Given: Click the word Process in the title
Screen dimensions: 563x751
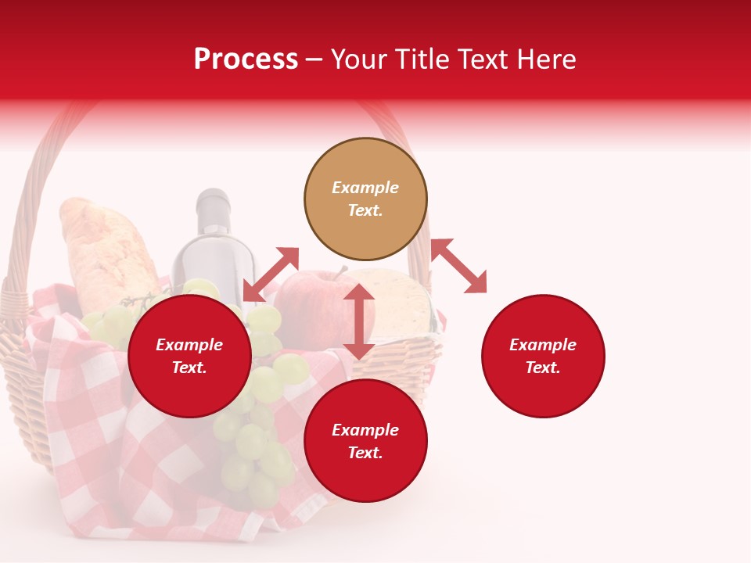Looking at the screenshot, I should [x=246, y=59].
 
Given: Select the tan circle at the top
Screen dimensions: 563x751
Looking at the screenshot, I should [x=365, y=199].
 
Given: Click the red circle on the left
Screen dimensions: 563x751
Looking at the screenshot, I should [x=189, y=356].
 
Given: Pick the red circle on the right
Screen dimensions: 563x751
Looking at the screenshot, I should [x=543, y=356].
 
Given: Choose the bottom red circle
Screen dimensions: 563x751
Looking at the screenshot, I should [x=365, y=441].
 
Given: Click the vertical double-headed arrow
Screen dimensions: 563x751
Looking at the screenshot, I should [x=359, y=321].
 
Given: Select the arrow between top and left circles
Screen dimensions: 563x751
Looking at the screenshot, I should [x=271, y=274].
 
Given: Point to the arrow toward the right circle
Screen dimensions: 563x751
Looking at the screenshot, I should [x=459, y=266].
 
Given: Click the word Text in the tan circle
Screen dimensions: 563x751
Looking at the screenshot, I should [x=365, y=210].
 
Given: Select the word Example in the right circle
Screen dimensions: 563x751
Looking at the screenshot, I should [x=543, y=345].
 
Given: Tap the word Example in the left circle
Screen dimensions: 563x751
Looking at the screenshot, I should [x=189, y=345].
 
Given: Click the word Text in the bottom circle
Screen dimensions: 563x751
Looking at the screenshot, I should [x=365, y=453].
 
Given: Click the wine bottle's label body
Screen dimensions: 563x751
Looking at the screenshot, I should [x=213, y=266].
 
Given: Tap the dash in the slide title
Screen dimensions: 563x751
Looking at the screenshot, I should [x=314, y=59].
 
